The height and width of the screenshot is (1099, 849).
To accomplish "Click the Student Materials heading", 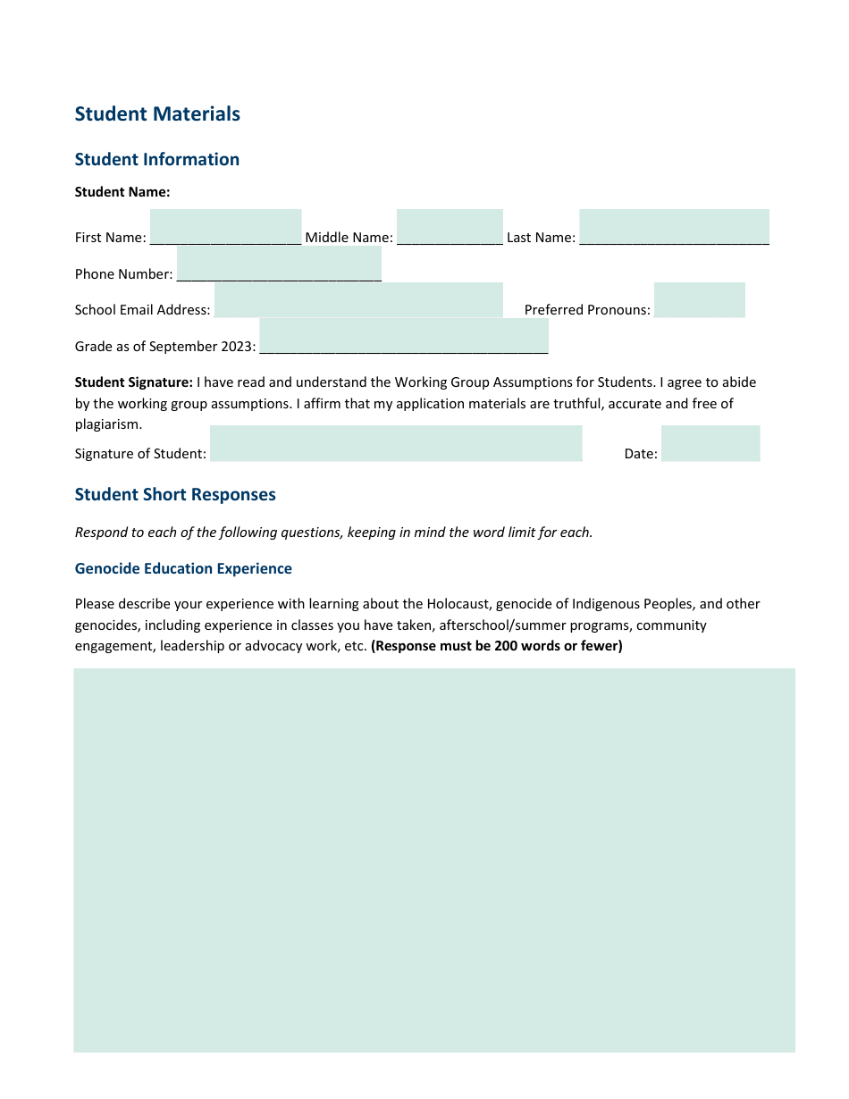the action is [x=157, y=114].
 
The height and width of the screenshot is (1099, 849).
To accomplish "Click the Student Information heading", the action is [x=157, y=160].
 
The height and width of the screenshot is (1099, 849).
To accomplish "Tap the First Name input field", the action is [x=225, y=227].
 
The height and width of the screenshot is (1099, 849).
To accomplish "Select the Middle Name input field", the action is [x=450, y=227].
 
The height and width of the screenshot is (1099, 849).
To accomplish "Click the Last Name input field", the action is [x=674, y=227].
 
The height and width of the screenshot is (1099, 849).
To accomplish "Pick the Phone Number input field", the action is [x=279, y=264].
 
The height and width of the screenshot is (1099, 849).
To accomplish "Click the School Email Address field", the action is [x=358, y=300].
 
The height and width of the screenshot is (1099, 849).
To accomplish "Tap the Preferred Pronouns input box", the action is [x=699, y=300].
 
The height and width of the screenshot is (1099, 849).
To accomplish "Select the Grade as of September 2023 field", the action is [x=403, y=336].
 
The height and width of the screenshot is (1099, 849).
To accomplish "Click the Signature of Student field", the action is [x=396, y=443].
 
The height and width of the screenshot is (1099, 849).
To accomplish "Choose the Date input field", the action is [x=710, y=443].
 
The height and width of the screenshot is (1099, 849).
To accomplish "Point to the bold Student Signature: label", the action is [x=134, y=382].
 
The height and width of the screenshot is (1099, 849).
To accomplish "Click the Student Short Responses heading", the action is [x=175, y=495].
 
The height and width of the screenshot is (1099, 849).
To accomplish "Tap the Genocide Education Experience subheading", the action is [x=183, y=569].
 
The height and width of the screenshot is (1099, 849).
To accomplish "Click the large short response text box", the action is [x=434, y=860].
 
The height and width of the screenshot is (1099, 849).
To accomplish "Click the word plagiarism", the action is [x=108, y=424].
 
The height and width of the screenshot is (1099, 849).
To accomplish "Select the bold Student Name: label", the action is [x=122, y=192].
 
